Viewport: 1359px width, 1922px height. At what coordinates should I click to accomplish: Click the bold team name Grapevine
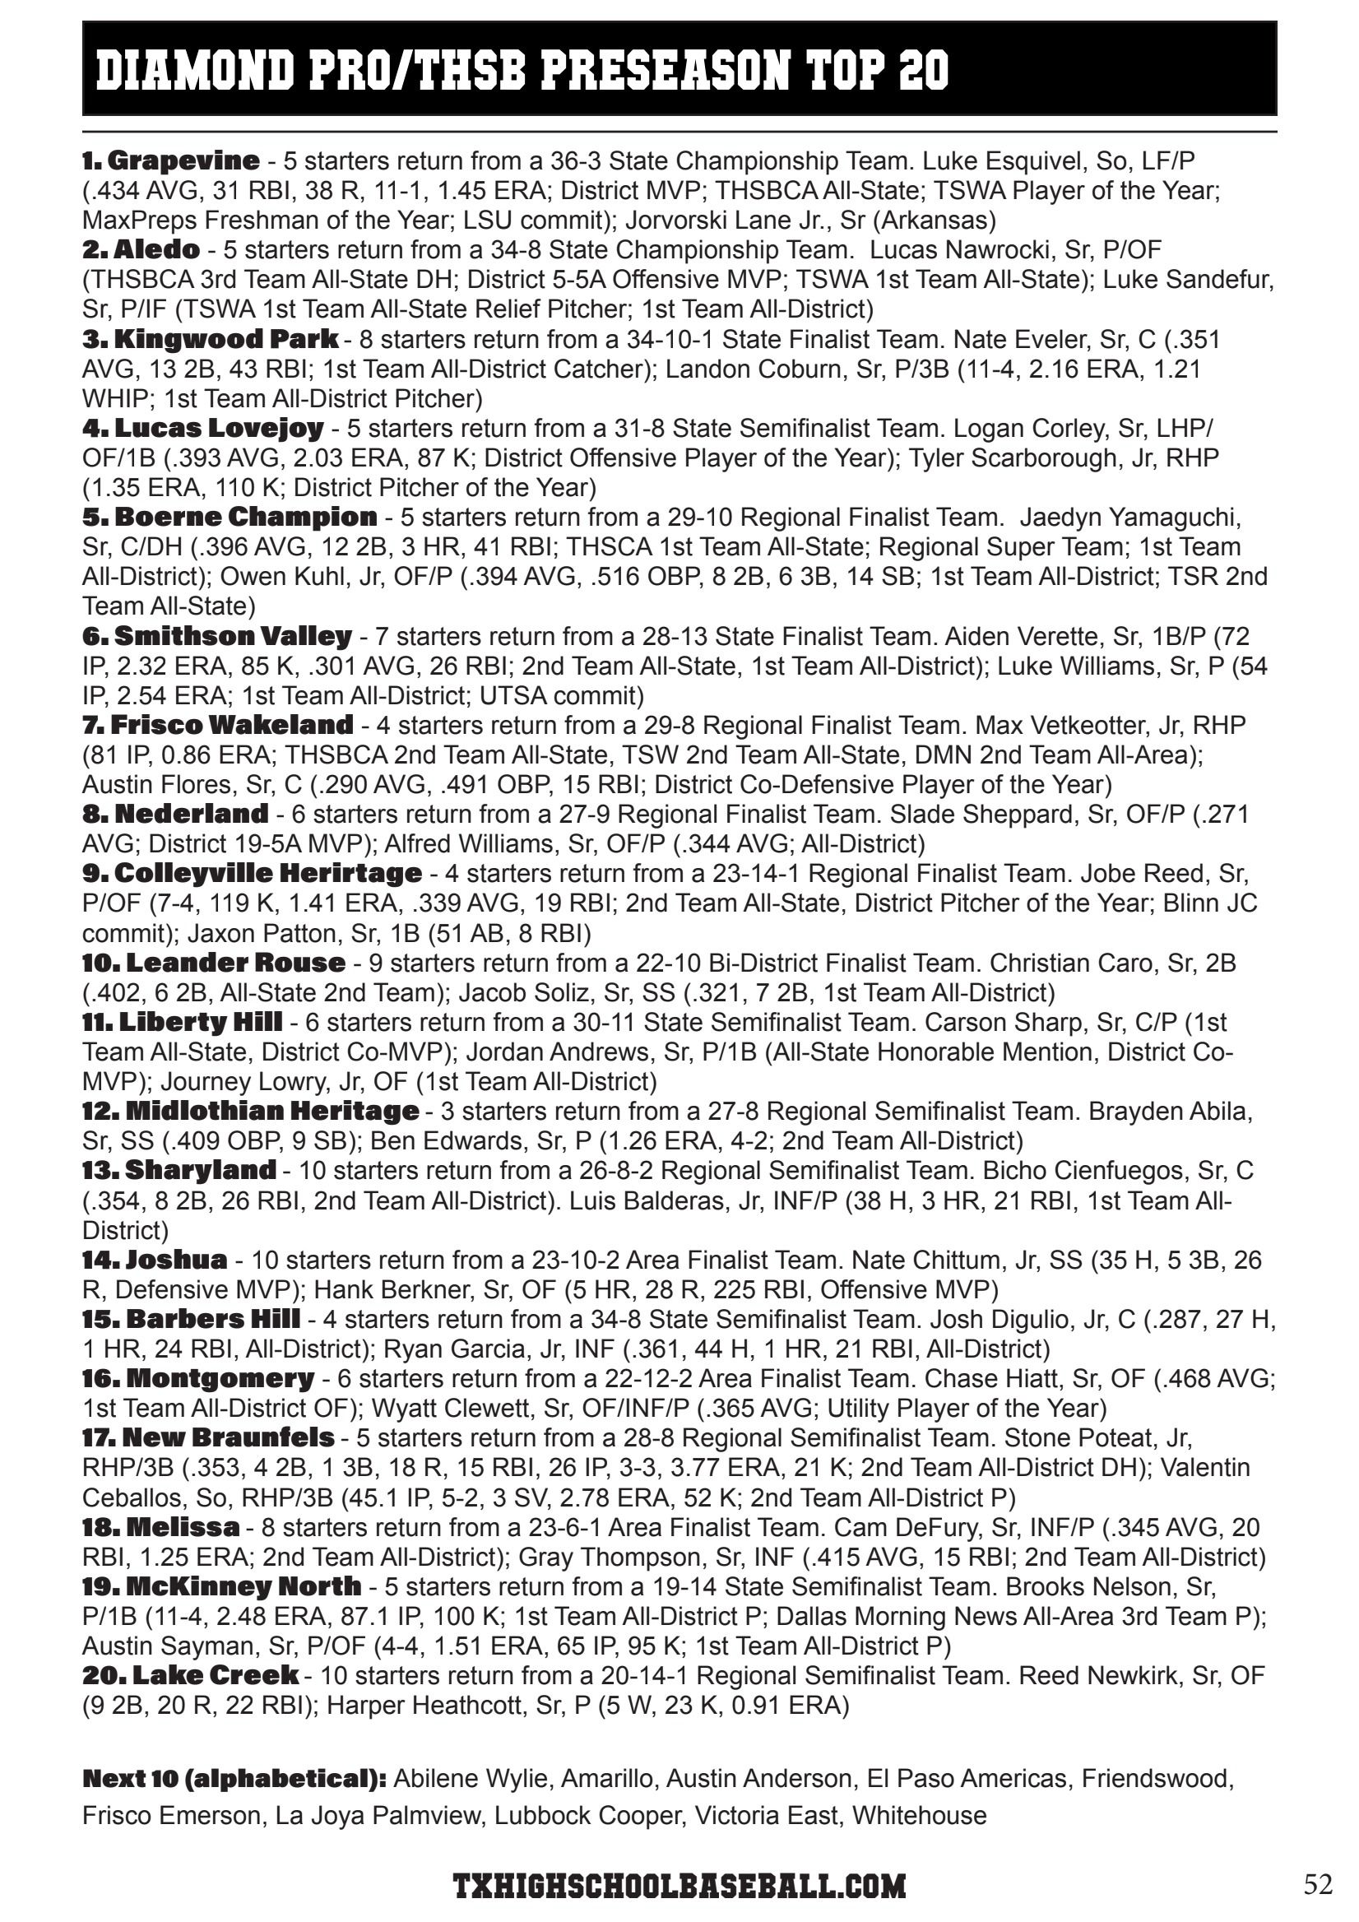point(183,160)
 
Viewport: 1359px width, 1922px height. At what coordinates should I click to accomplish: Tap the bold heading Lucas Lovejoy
point(219,428)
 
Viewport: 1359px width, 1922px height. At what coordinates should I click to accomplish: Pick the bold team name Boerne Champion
point(245,517)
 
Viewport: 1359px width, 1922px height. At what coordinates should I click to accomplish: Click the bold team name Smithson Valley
point(233,636)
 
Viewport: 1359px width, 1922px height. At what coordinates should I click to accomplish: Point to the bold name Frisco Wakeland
point(232,724)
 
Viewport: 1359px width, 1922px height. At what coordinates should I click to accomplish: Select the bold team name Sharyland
point(200,1169)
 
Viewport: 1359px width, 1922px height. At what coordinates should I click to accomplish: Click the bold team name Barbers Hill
point(212,1318)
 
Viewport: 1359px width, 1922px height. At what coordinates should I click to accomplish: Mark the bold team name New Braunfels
point(228,1437)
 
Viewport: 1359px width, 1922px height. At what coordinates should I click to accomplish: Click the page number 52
point(1318,1883)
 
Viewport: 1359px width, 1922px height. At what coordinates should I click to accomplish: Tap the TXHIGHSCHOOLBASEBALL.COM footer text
point(679,1886)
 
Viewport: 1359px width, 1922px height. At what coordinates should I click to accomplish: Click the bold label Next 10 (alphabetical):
point(234,1778)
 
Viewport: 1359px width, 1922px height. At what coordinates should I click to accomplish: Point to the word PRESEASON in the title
point(666,69)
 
